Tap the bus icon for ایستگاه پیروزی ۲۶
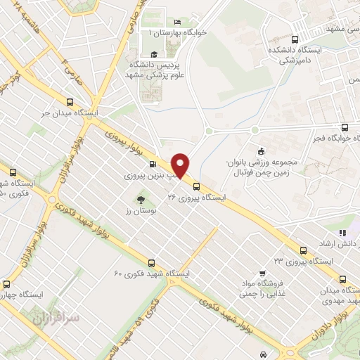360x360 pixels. [x=196, y=186]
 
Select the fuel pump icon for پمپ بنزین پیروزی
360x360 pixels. [x=153, y=165]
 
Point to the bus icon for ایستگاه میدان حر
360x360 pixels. [x=70, y=101]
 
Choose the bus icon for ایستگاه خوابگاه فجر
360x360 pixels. [x=344, y=127]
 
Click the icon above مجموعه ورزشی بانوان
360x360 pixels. [x=261, y=151]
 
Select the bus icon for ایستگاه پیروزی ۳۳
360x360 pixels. [x=303, y=250]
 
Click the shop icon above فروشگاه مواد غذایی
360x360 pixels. [x=262, y=273]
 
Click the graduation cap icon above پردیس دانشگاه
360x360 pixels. [x=153, y=54]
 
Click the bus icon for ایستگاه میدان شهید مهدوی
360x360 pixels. [x=343, y=279]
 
